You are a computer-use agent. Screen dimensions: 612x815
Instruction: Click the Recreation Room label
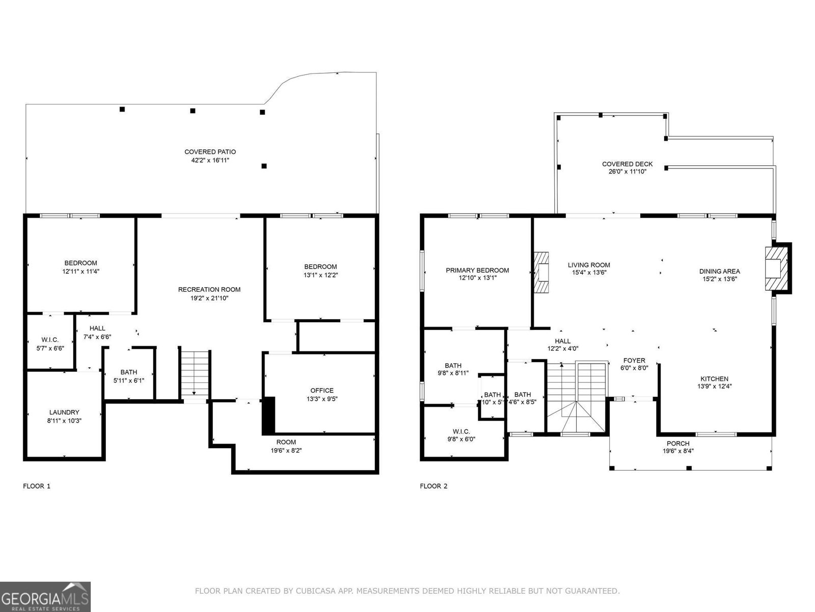click(209, 289)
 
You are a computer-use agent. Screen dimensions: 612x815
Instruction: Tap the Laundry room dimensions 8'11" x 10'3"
click(64, 421)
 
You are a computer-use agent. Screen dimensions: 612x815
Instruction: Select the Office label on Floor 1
click(322, 391)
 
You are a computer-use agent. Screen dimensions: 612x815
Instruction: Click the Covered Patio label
click(210, 152)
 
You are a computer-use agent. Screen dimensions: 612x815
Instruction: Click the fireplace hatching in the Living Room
click(541, 272)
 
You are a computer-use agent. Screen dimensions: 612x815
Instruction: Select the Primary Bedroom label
click(477, 270)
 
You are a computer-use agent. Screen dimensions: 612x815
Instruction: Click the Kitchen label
click(714, 378)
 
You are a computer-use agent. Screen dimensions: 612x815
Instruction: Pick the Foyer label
click(634, 360)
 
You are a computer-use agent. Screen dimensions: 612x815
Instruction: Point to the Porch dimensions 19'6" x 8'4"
click(678, 451)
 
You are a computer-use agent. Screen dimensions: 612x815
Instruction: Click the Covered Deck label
click(627, 164)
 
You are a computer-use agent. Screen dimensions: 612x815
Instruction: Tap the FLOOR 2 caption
click(433, 486)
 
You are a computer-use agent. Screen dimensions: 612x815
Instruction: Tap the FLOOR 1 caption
click(37, 486)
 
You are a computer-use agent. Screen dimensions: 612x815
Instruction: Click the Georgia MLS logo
click(45, 597)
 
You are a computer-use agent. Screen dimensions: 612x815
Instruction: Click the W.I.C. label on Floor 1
click(50, 340)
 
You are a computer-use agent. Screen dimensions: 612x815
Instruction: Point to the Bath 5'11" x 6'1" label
click(128, 372)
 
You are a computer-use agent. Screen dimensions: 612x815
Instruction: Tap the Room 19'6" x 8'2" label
click(286, 442)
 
